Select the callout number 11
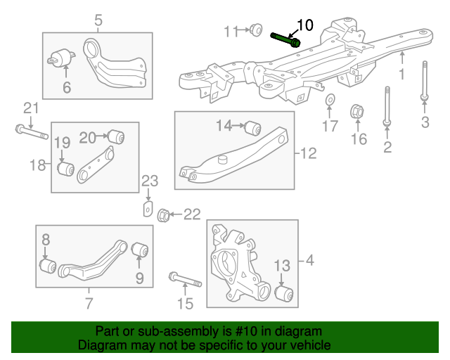pos(231,31)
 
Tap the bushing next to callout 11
pos(257,30)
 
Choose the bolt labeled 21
pos(30,131)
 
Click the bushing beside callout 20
pos(116,135)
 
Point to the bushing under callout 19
pos(67,169)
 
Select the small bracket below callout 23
pos(148,209)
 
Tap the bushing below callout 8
pos(48,267)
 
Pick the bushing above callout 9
pos(140,250)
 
